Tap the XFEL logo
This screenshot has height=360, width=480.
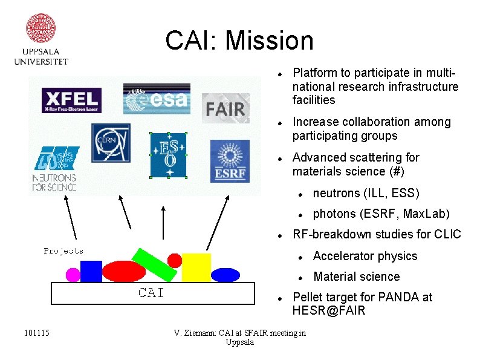tap(71, 100)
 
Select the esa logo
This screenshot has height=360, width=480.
tap(157, 99)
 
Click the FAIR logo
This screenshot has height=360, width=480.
tap(225, 108)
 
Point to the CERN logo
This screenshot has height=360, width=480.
tap(111, 143)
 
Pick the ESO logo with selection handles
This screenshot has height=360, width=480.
tap(168, 155)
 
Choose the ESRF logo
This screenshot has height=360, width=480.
tap(229, 161)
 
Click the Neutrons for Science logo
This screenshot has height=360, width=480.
tap(54, 169)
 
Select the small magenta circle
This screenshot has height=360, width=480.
tap(73, 275)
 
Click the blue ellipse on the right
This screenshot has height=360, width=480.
tap(225, 275)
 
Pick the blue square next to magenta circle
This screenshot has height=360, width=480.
tap(91, 272)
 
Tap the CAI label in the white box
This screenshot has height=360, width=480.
tap(151, 293)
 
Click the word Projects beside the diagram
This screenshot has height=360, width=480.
tap(63, 250)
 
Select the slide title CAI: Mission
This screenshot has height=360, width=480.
tap(239, 41)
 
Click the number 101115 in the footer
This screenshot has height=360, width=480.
tap(37, 333)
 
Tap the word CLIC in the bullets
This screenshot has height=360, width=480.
tap(447, 234)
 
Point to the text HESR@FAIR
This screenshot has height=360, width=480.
tap(329, 311)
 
